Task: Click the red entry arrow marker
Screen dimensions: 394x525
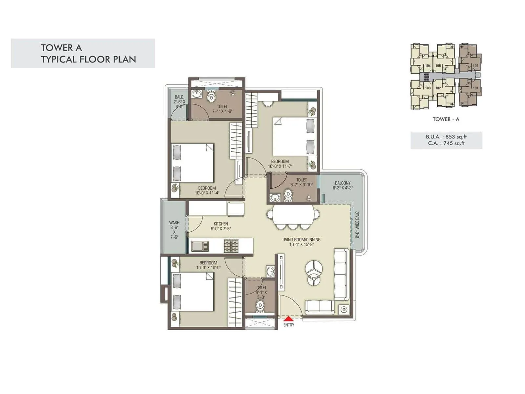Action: point(288,318)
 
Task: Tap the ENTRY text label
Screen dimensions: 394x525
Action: point(289,325)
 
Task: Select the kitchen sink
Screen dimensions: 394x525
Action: point(199,246)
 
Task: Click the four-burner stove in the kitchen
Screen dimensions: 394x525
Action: point(231,246)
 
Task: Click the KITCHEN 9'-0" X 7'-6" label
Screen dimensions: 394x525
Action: point(220,226)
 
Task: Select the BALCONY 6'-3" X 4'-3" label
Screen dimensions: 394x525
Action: point(343,186)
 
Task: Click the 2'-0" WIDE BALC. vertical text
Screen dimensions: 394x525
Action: point(357,224)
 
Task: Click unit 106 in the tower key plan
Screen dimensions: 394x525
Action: point(475,66)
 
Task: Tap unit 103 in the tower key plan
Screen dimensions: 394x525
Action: point(428,88)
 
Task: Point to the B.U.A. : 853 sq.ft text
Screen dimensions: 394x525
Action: point(446,137)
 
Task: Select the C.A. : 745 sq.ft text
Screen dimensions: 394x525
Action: point(446,143)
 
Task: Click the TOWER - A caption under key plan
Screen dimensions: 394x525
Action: point(446,119)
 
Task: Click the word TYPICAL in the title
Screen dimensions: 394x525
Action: point(59,59)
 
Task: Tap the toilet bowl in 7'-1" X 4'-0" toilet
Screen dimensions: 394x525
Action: point(211,97)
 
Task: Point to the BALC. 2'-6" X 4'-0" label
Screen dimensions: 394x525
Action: point(179,102)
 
